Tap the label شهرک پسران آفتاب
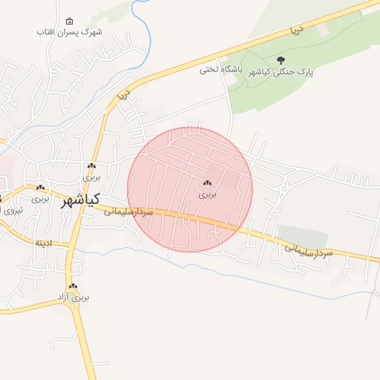click(69, 33)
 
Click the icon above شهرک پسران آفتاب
click(69, 21)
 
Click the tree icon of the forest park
click(281, 60)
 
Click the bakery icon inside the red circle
click(206, 183)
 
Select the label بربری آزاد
click(73, 298)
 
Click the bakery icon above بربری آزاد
click(73, 286)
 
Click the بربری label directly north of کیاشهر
click(91, 178)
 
